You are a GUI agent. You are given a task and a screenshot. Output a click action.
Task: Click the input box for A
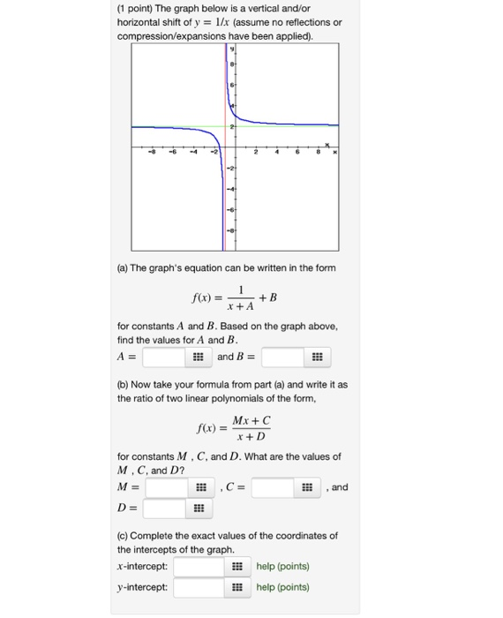coord(164,357)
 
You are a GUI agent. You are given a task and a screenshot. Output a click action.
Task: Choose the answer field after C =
coord(273,487)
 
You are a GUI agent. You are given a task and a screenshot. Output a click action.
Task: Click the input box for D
coord(164,509)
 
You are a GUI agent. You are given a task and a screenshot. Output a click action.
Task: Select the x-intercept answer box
coord(199,566)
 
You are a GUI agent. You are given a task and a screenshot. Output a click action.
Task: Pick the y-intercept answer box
coord(199,587)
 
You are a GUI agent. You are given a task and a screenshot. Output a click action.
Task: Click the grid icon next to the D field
coord(199,509)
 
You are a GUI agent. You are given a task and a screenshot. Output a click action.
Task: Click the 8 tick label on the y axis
coord(233,64)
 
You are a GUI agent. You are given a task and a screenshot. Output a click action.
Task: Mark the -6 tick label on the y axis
coord(233,209)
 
